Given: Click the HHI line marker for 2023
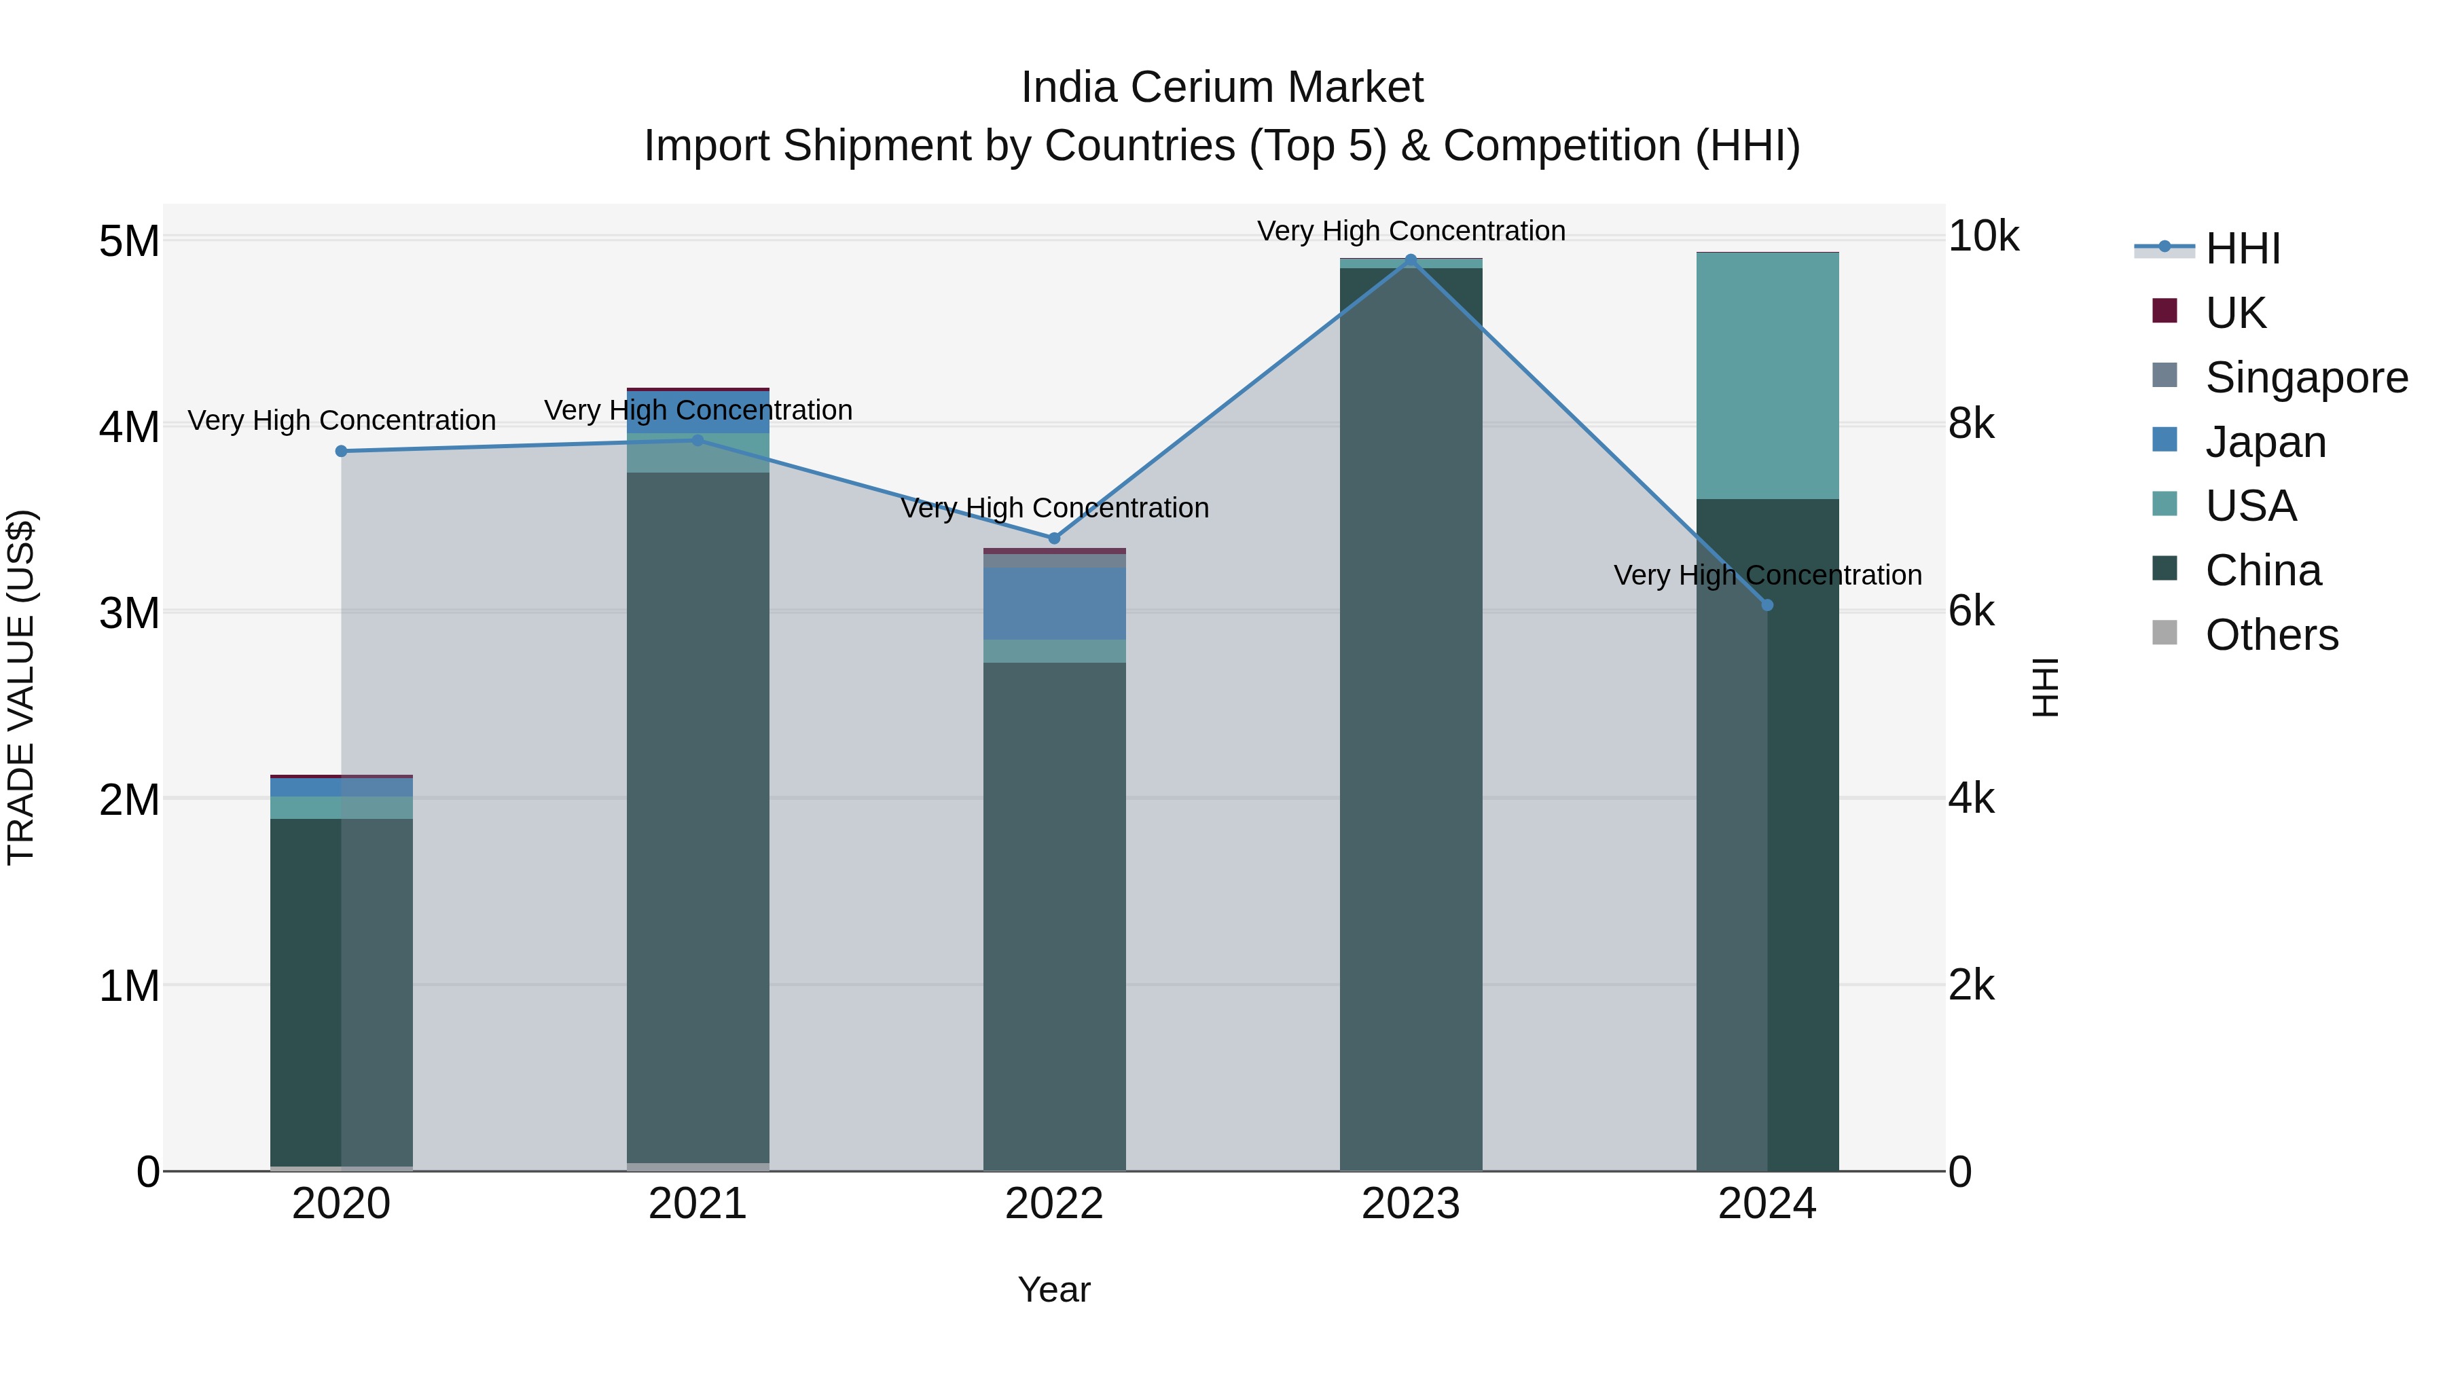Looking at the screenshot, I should click(x=1411, y=260).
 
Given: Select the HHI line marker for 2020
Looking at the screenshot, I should click(x=342, y=451).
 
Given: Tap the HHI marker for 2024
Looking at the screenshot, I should click(x=1767, y=604).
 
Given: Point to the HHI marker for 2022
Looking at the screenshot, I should click(x=1053, y=538).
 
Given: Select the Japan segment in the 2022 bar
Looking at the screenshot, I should click(x=1053, y=604).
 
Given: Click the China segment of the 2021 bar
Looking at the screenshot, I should click(x=698, y=816).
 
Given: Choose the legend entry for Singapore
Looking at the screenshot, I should click(x=2306, y=377).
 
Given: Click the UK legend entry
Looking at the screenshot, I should click(x=2235, y=312).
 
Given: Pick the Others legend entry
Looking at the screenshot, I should click(x=2271, y=635).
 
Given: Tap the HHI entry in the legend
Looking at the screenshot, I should click(x=2242, y=249).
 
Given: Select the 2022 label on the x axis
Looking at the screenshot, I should click(x=1053, y=1204).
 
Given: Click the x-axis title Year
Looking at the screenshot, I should click(x=1053, y=1289).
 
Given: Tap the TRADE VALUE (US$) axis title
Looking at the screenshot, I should click(x=21, y=687).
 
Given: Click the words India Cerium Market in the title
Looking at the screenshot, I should click(x=1222, y=88).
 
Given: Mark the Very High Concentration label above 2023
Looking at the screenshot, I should click(x=1411, y=231).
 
